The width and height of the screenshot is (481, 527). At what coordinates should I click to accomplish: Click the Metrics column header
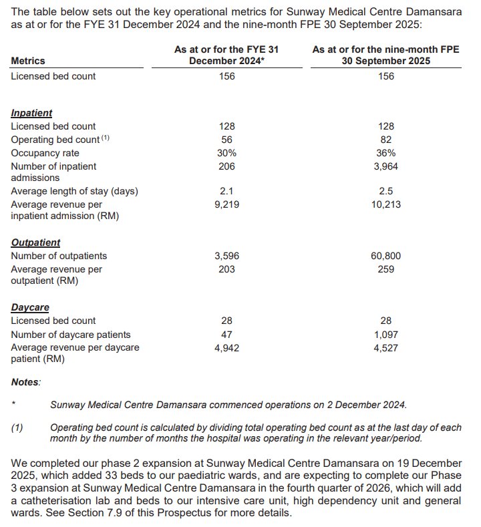pos(28,61)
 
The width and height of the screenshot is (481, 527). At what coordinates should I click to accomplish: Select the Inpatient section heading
pos(31,114)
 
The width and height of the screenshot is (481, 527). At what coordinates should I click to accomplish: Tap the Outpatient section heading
pos(35,243)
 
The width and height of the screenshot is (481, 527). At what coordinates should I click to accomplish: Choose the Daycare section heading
pos(30,308)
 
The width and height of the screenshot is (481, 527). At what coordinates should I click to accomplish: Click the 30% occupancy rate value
pos(226,153)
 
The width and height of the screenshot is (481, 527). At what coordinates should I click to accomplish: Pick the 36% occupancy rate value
pos(385,153)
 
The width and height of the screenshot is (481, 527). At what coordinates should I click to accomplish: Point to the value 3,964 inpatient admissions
pos(385,166)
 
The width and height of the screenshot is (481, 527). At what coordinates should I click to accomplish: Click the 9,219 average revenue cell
pos(226,204)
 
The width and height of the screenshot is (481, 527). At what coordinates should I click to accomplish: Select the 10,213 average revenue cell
pos(385,204)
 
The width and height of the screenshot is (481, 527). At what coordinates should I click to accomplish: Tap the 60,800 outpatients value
pos(385,256)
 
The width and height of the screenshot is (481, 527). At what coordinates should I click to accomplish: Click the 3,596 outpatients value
pos(226,256)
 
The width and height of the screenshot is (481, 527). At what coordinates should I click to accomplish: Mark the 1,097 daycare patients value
pos(385,334)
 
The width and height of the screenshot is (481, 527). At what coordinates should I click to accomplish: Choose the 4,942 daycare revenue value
pos(226,347)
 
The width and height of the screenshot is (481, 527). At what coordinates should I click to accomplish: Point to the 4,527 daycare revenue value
pos(385,347)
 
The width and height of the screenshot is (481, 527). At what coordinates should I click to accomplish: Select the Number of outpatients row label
pos(59,256)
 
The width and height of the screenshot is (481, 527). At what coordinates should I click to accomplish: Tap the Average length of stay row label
pos(74,192)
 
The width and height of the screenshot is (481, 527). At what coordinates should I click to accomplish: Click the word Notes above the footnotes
pos(26,382)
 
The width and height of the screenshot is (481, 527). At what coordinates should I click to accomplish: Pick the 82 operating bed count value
pos(385,140)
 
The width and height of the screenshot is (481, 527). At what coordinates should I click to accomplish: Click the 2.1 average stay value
pos(226,192)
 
